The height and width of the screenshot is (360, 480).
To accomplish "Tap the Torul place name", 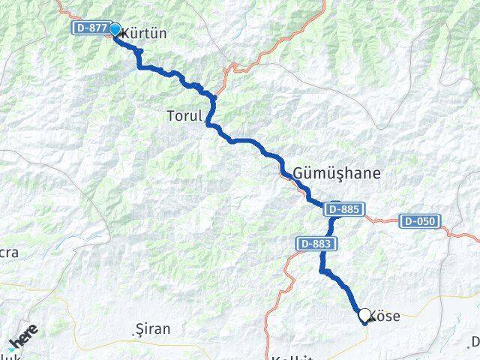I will (x=184, y=116).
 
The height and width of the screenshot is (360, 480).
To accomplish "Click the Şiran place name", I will (x=152, y=329).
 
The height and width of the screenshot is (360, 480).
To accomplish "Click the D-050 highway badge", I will (x=420, y=221).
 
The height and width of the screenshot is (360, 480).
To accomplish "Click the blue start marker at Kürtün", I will (x=115, y=29).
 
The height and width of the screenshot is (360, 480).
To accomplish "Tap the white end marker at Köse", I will (x=365, y=315).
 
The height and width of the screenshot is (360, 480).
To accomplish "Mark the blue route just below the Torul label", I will (x=210, y=125).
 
